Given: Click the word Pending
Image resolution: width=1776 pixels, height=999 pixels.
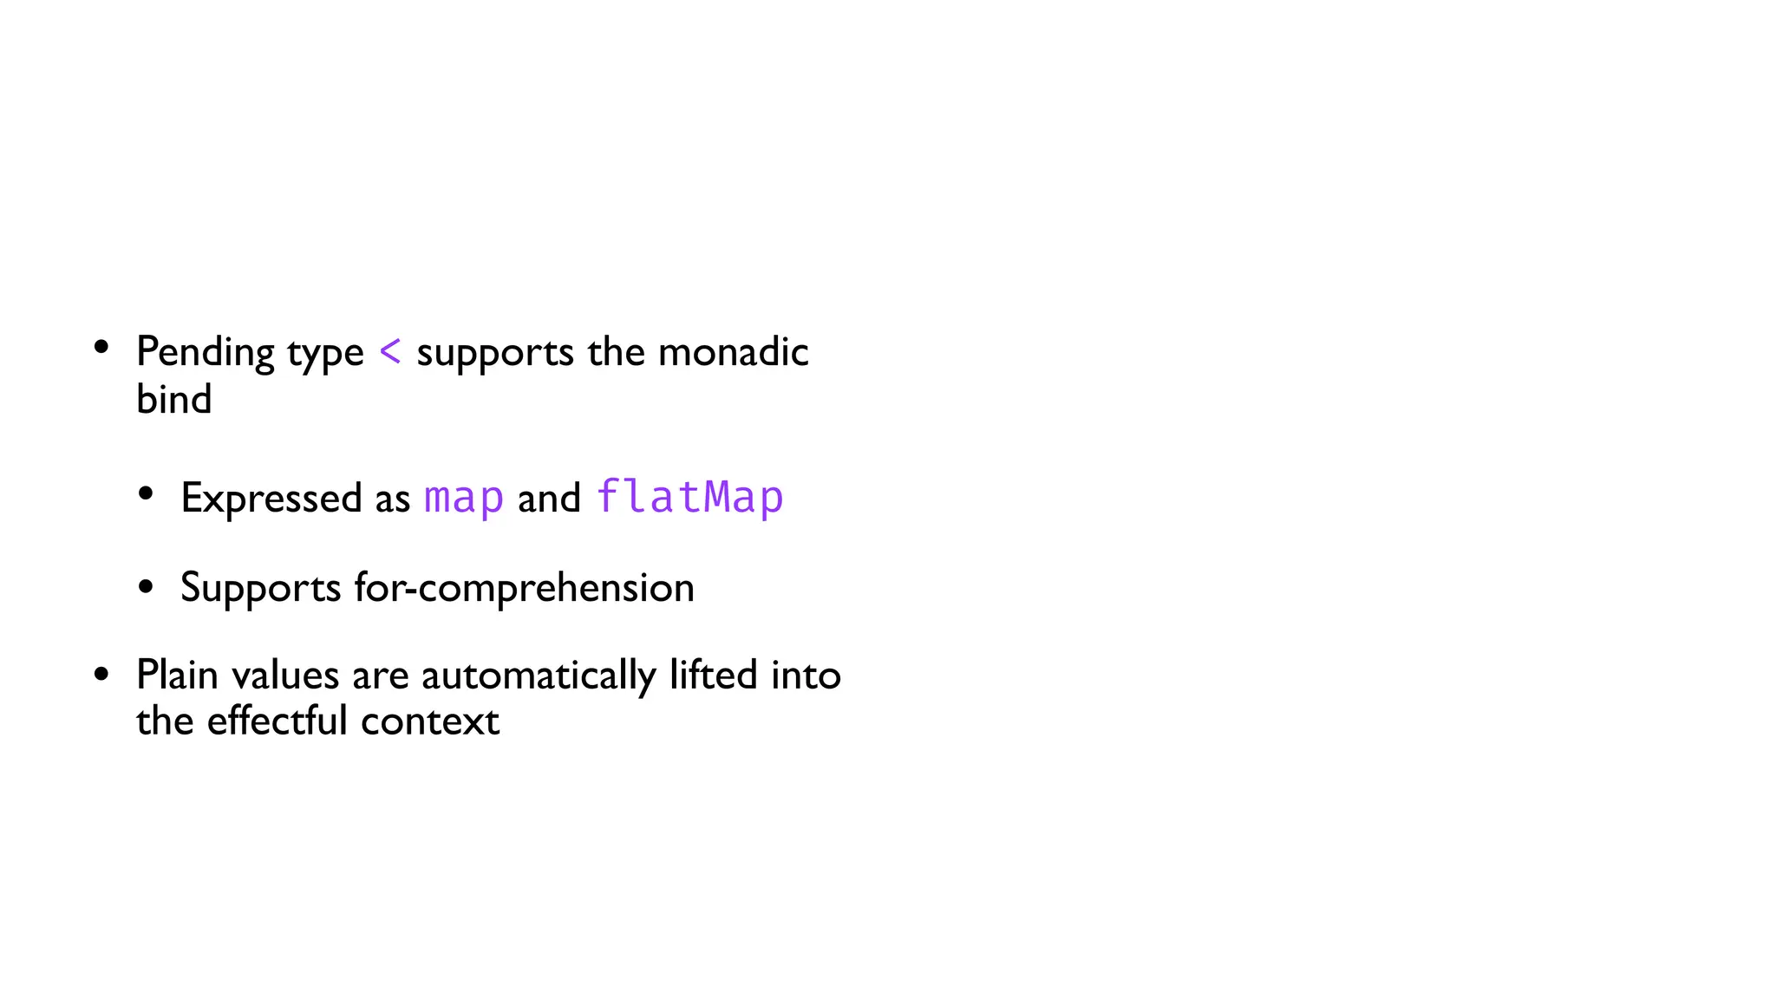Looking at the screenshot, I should click(205, 353).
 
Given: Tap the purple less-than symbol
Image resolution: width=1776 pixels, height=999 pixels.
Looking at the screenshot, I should click(390, 351).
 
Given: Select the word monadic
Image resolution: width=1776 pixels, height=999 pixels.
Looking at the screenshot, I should click(733, 352).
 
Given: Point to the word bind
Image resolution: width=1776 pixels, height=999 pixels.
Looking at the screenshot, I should click(173, 400).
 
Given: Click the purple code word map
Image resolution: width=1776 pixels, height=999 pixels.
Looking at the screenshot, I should click(463, 498).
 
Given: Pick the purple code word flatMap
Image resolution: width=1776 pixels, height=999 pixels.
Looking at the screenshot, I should click(689, 497).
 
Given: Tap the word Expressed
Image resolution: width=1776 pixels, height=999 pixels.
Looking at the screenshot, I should click(271, 499).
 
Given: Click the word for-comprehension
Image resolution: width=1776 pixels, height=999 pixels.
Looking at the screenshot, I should click(524, 588).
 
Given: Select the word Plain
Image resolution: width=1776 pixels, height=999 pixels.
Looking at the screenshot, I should click(177, 675).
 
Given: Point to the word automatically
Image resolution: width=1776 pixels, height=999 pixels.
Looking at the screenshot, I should click(539, 676).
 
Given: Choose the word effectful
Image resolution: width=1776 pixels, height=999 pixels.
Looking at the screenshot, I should click(277, 721).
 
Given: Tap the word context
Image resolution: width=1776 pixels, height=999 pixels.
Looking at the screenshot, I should click(430, 721).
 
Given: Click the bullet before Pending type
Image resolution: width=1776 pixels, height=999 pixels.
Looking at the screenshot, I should click(101, 347).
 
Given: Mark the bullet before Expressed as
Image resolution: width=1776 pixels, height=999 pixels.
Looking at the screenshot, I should click(146, 494).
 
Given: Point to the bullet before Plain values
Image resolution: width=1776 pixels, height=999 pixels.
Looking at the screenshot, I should click(101, 674).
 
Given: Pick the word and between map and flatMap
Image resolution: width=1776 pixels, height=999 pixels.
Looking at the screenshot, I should click(549, 499).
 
